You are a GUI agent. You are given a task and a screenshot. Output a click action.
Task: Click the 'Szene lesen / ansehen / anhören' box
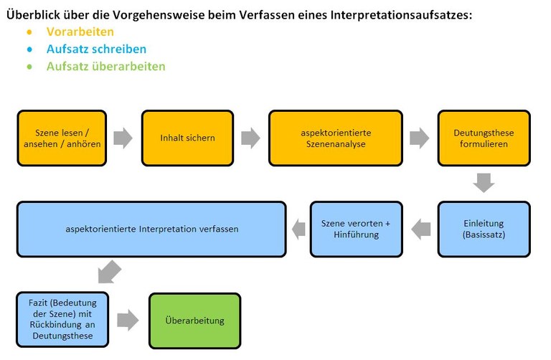click(x=62, y=138)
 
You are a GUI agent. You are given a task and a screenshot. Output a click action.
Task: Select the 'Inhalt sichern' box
click(x=187, y=138)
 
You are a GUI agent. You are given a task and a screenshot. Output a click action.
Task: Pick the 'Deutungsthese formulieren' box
click(x=484, y=138)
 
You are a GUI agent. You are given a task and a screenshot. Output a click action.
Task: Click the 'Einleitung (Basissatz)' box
click(x=484, y=229)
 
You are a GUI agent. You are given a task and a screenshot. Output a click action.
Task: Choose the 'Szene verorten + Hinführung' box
click(x=356, y=229)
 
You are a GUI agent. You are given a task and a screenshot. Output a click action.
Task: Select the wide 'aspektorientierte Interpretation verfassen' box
click(x=151, y=229)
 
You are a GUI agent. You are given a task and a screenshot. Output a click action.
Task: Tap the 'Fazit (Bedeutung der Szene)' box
click(x=62, y=318)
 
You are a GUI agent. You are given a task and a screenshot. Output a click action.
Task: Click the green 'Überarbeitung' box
click(x=195, y=321)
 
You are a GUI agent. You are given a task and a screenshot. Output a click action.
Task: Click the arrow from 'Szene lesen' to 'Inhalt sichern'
click(x=123, y=138)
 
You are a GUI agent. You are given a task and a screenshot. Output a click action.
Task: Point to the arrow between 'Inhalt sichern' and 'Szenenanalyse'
click(x=250, y=138)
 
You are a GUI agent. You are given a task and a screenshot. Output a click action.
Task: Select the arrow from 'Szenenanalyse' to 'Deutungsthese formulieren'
click(x=420, y=138)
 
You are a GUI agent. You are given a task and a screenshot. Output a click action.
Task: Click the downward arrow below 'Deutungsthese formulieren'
click(x=484, y=183)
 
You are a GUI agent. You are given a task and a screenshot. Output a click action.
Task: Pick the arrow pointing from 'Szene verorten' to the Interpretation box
click(x=297, y=229)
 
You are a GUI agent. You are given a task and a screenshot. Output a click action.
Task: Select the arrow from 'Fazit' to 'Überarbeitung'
click(x=128, y=320)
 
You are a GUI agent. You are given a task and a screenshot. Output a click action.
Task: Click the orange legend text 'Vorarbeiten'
click(x=80, y=32)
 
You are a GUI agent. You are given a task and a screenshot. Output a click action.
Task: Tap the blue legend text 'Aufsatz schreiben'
click(x=96, y=49)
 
